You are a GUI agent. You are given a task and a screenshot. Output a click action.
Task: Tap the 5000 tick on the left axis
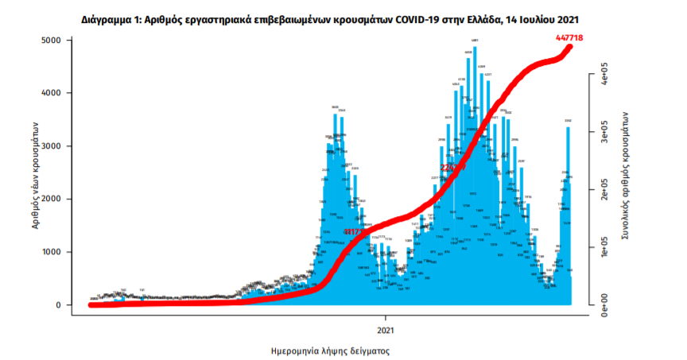(x=52, y=40)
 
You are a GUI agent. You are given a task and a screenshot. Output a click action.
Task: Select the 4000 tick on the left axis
(x=52, y=93)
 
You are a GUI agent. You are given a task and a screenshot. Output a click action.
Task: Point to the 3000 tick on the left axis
(x=52, y=146)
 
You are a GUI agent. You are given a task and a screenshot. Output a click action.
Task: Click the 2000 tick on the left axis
(x=52, y=199)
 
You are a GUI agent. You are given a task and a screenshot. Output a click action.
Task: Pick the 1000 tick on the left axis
(x=52, y=252)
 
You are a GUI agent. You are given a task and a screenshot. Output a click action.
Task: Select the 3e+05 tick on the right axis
(x=604, y=134)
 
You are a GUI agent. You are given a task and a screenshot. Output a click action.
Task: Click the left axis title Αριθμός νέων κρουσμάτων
(x=35, y=175)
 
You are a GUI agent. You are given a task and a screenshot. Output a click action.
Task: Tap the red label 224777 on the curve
(x=453, y=168)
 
